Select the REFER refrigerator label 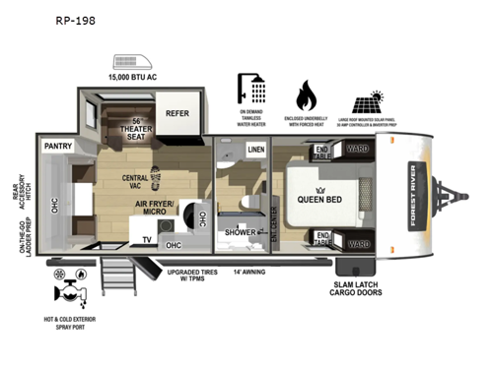176,112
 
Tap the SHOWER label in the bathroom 242,233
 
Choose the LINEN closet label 255,150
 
